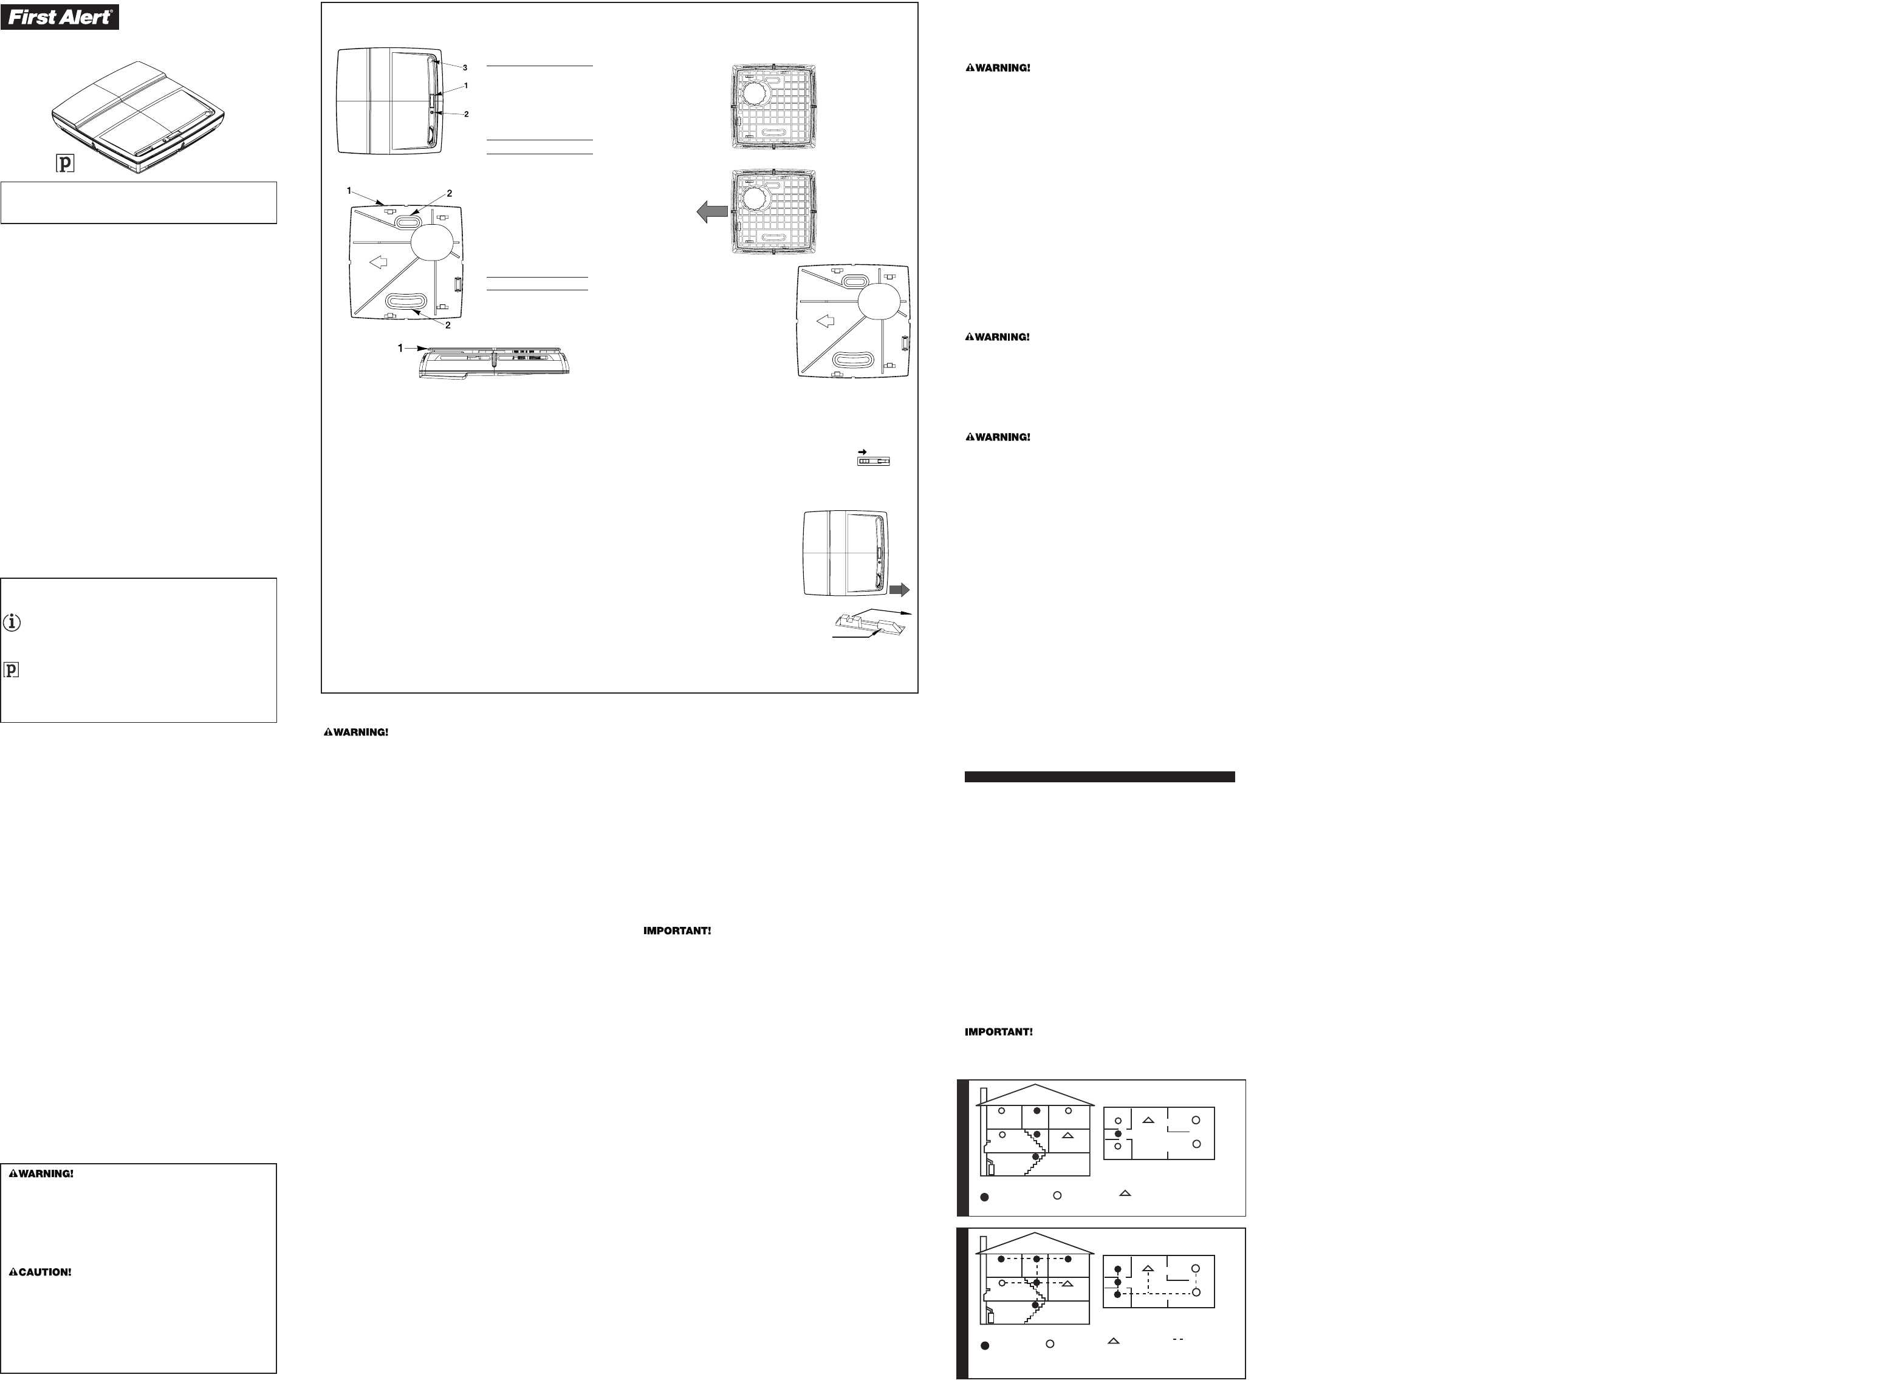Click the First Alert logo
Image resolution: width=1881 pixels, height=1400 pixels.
click(60, 16)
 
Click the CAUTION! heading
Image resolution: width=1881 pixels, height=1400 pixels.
click(40, 1272)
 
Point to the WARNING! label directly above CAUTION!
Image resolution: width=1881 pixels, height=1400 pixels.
click(41, 1173)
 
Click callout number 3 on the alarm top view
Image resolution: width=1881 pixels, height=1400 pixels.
click(465, 67)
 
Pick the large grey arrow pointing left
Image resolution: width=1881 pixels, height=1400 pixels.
click(713, 212)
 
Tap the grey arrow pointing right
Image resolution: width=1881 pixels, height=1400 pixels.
click(899, 589)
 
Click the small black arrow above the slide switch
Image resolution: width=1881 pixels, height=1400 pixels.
click(862, 451)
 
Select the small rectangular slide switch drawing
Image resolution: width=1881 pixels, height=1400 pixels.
click(874, 462)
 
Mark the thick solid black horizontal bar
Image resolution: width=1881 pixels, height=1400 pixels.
click(1100, 776)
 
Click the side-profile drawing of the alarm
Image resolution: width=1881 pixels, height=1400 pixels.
click(494, 362)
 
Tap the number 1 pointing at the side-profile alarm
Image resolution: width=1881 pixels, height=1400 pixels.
click(401, 348)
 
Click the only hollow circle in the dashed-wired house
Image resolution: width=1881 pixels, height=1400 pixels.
click(1002, 1283)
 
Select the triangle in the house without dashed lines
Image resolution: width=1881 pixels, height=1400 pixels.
click(1068, 1135)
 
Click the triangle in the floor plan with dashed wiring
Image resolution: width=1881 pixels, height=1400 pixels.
click(1149, 1269)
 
